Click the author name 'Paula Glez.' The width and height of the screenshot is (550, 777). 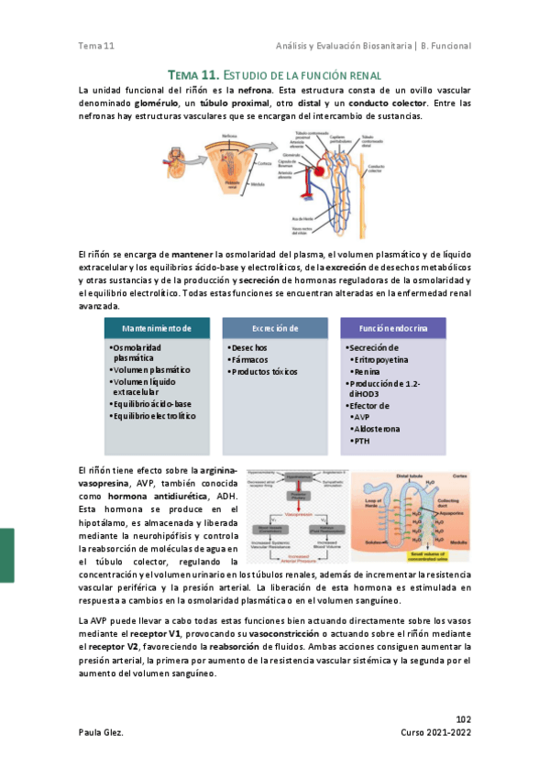pos(102,733)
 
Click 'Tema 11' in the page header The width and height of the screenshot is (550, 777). pos(96,46)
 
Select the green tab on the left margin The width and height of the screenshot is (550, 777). pos(6,554)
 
